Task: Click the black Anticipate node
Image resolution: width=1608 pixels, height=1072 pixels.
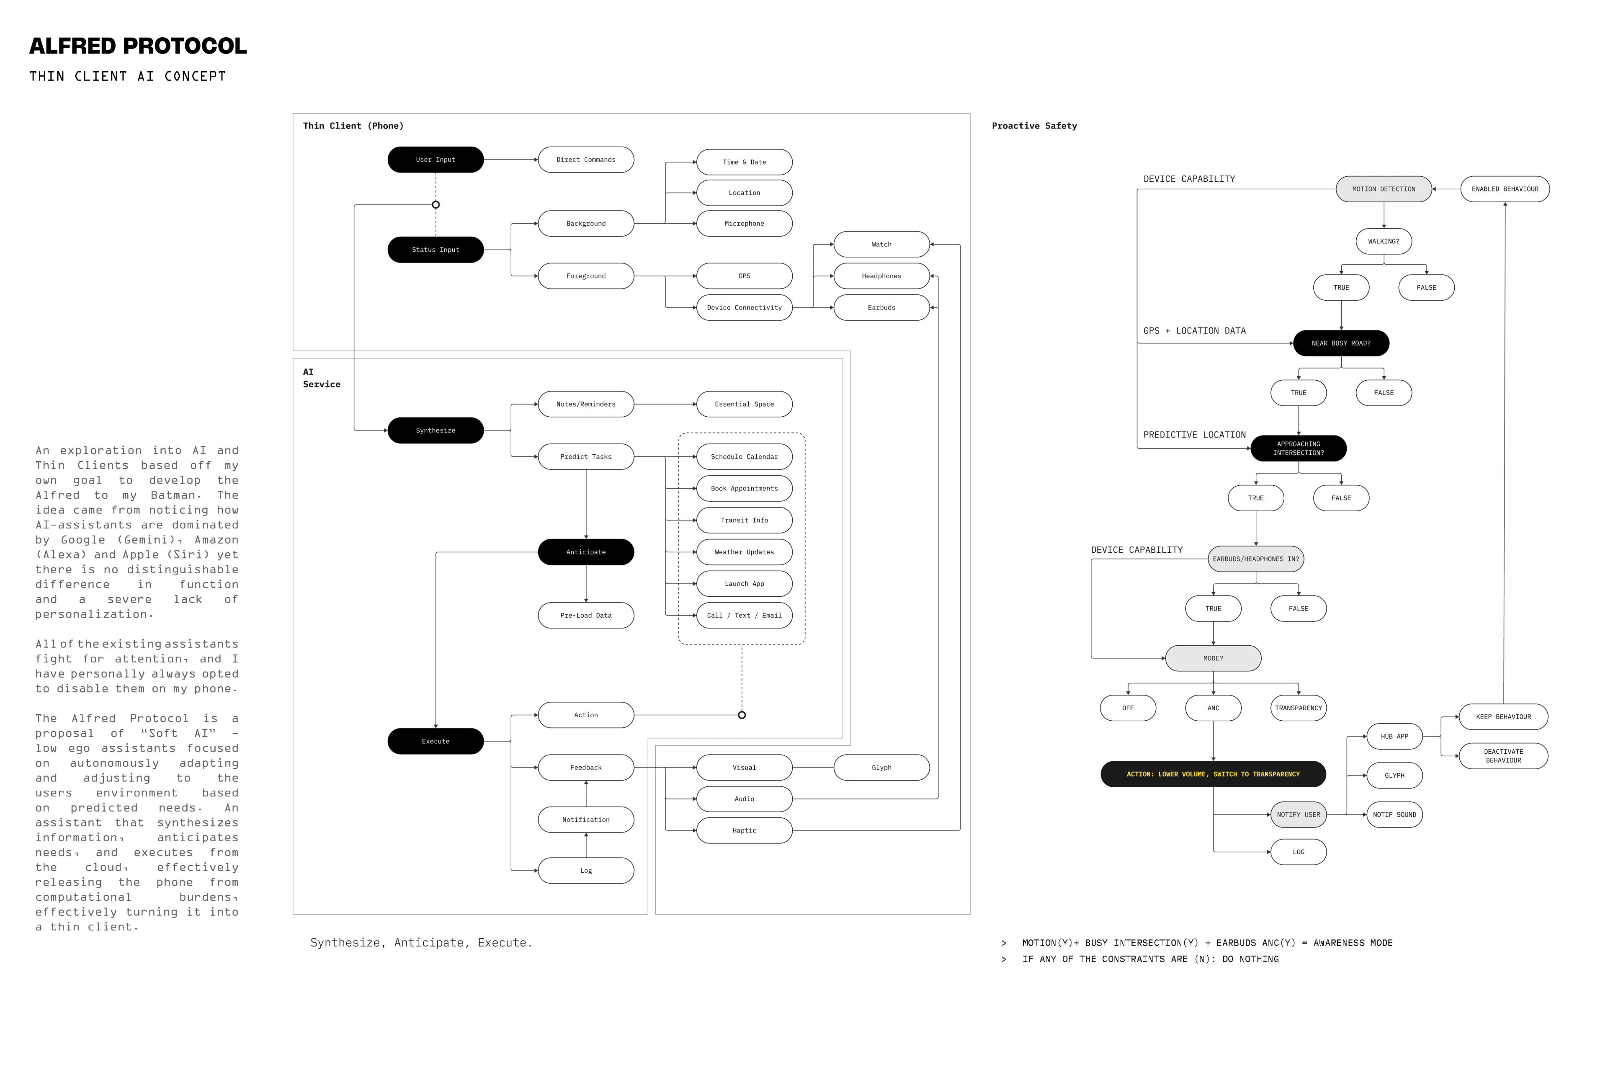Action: pyautogui.click(x=586, y=552)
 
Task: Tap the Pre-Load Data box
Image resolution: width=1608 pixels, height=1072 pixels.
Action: pyautogui.click(x=586, y=615)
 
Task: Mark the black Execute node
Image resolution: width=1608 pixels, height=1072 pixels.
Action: pyautogui.click(x=435, y=741)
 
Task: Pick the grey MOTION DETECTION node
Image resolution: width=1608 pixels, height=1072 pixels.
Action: pyautogui.click(x=1383, y=189)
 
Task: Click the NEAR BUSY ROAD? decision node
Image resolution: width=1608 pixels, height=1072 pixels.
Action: pyautogui.click(x=1341, y=343)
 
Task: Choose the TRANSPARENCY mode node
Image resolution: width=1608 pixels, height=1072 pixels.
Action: pyautogui.click(x=1298, y=708)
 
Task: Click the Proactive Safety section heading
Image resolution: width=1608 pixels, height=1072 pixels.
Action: pyautogui.click(x=1034, y=126)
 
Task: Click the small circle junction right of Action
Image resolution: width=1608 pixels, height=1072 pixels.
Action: pyautogui.click(x=742, y=715)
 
